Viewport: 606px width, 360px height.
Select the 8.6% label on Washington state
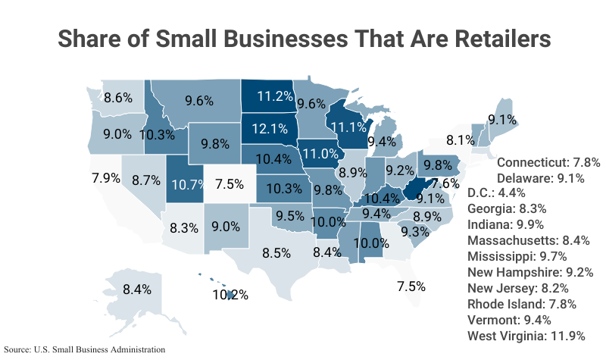[119, 97]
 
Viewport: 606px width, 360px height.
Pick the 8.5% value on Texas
[276, 253]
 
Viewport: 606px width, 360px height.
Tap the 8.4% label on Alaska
[137, 289]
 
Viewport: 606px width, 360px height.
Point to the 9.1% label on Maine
[502, 119]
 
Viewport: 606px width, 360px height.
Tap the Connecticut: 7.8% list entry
[548, 162]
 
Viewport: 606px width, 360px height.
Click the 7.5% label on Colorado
[230, 183]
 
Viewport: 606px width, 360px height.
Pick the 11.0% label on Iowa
[320, 152]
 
